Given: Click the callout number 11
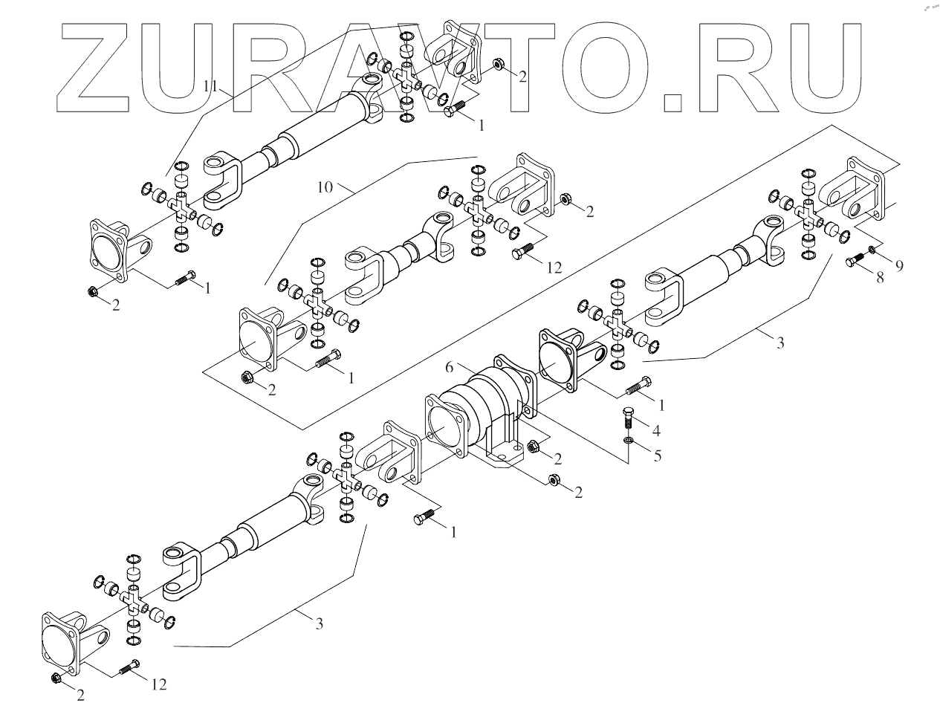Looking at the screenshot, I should [210, 86].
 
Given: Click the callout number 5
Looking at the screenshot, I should [657, 455].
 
